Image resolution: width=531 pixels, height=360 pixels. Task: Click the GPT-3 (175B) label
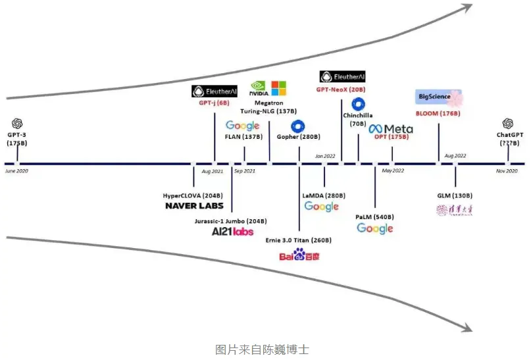(x=17, y=139)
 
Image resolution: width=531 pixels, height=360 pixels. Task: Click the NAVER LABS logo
(x=193, y=206)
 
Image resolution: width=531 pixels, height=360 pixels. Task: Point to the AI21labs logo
(x=232, y=232)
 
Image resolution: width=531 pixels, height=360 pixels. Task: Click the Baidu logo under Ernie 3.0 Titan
(x=299, y=255)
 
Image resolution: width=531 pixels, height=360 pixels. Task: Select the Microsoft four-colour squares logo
(x=279, y=88)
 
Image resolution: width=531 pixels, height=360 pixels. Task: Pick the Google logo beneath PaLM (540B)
(x=374, y=228)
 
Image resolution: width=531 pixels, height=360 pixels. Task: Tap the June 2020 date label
(x=16, y=171)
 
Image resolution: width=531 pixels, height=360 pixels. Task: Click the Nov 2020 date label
(x=507, y=171)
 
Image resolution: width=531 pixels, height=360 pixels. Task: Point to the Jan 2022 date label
(x=325, y=156)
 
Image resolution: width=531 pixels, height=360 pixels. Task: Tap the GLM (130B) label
(x=455, y=195)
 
